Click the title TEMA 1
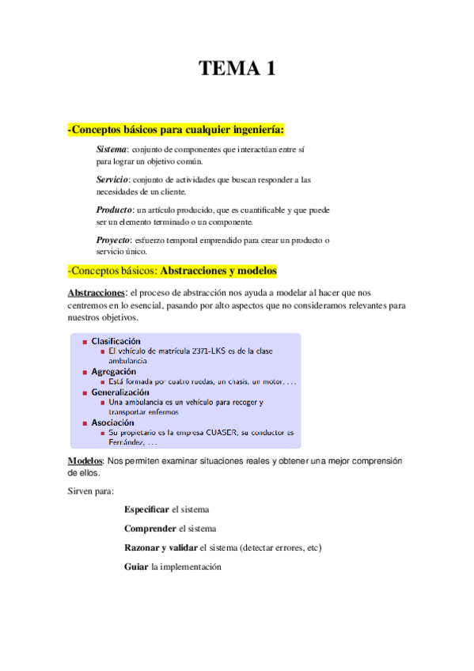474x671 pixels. [x=237, y=69]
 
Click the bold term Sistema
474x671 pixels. [x=112, y=150]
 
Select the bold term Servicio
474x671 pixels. [x=112, y=180]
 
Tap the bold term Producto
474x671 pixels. [x=114, y=210]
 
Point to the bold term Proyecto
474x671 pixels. [x=113, y=240]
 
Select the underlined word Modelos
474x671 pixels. [x=85, y=461]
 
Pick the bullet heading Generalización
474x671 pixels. [x=120, y=392]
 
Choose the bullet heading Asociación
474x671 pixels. [x=112, y=423]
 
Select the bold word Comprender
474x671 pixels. [x=150, y=529]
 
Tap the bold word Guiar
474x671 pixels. [x=136, y=567]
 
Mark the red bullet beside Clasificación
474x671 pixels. [x=84, y=342]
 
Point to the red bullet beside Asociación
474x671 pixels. [x=84, y=423]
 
